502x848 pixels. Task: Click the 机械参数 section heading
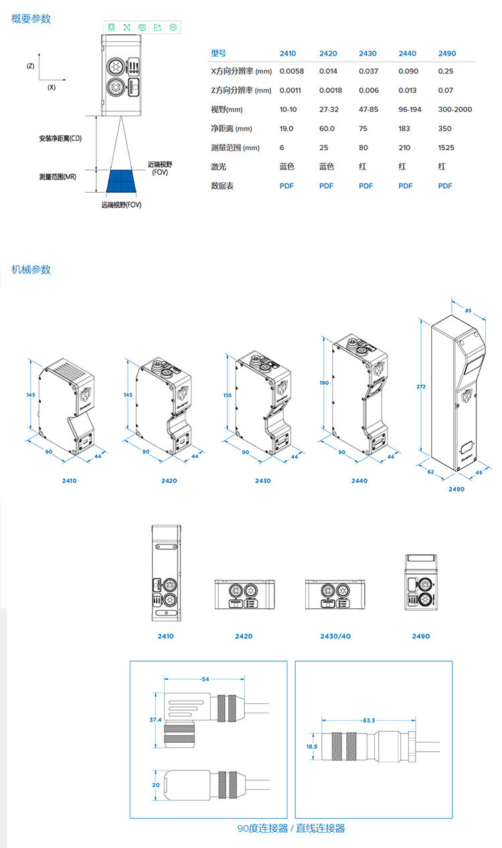[x=31, y=270]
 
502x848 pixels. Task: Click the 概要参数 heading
[x=31, y=19]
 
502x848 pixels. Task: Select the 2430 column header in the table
[x=367, y=54]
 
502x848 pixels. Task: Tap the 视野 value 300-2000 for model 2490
[x=455, y=109]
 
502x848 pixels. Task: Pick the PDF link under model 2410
[x=286, y=186]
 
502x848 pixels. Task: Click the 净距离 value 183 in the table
[x=404, y=129]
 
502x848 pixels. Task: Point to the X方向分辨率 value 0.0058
[x=292, y=71]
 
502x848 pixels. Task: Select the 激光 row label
[x=218, y=167]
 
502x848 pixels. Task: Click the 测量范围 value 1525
[x=446, y=147]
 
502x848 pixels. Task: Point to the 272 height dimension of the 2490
[x=421, y=386]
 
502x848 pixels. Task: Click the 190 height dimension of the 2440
[x=324, y=383]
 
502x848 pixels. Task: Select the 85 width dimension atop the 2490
[x=468, y=310]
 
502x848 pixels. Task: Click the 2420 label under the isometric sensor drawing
[x=169, y=480]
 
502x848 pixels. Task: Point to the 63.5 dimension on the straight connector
[x=369, y=720]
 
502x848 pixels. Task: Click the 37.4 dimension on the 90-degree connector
[x=155, y=719]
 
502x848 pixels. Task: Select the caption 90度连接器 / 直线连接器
[x=291, y=829]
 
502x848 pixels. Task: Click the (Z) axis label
[x=30, y=66]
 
